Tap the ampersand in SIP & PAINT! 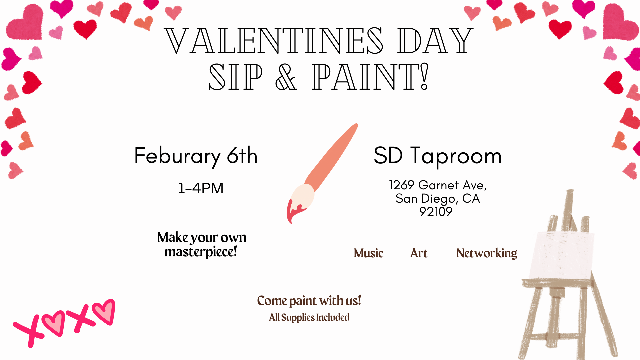coord(286,77)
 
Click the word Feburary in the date coord(177,156)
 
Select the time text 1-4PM coord(201,188)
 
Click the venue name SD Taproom coord(437,156)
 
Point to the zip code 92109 coord(436,212)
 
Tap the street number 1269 coord(401,185)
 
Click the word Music coord(368,253)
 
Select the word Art coord(419,253)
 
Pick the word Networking coord(487,253)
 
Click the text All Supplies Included coord(309,317)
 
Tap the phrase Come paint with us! coord(309,301)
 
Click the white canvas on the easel coord(563,255)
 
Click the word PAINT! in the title coord(370,77)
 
